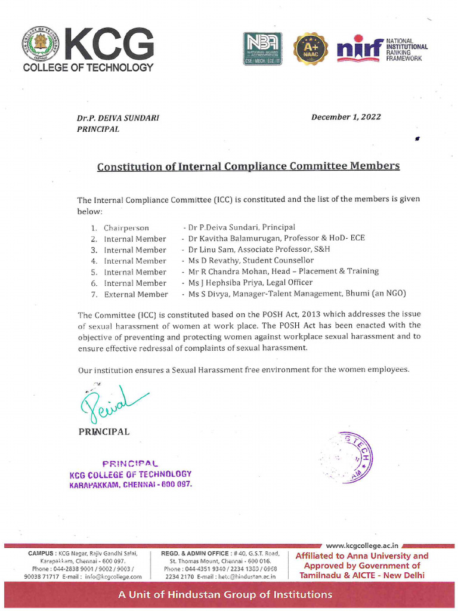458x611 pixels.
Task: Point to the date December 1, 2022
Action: click(346, 117)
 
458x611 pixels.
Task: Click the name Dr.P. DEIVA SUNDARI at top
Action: click(118, 118)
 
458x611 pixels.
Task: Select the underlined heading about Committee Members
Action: click(248, 166)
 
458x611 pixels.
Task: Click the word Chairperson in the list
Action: click(126, 227)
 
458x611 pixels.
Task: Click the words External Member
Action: click(136, 294)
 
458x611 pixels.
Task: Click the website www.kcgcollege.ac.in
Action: click(364, 545)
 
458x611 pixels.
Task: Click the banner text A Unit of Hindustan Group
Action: click(225, 594)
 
